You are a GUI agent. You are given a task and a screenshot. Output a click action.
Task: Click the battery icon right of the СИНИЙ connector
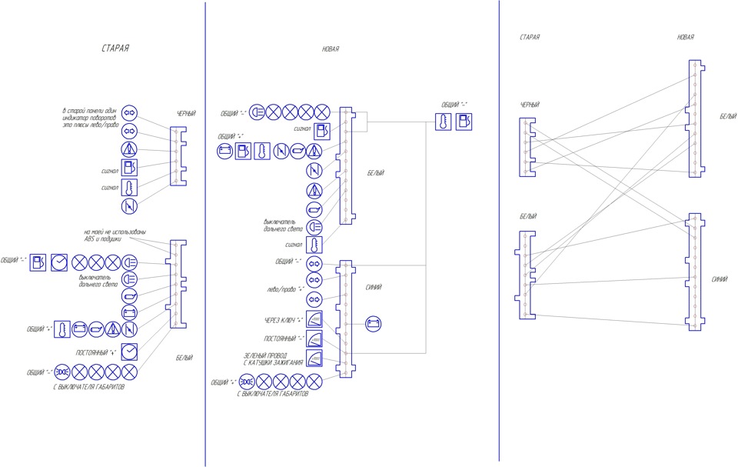373,324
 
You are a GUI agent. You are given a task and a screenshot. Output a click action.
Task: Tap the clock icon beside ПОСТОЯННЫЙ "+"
129,352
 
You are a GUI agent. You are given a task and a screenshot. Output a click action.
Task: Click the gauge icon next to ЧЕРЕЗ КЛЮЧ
314,319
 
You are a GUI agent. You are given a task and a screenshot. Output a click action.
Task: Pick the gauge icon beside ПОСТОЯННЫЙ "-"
314,339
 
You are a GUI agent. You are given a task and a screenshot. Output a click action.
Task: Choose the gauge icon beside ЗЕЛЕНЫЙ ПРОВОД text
314,359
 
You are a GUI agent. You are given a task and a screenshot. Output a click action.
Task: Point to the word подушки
116,239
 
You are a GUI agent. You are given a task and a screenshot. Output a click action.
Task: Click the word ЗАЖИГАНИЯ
288,362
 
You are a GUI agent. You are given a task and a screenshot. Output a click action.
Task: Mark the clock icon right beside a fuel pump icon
58,262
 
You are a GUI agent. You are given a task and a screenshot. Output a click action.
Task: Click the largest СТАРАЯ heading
115,48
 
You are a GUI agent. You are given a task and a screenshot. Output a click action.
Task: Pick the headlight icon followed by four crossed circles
258,112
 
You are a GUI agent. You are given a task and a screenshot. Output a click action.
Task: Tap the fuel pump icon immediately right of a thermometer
464,121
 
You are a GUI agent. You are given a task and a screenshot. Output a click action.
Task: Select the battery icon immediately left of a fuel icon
224,151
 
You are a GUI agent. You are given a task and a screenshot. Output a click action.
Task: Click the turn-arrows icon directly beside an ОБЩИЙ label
314,262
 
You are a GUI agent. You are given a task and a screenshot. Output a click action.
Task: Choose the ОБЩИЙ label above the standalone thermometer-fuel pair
454,105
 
